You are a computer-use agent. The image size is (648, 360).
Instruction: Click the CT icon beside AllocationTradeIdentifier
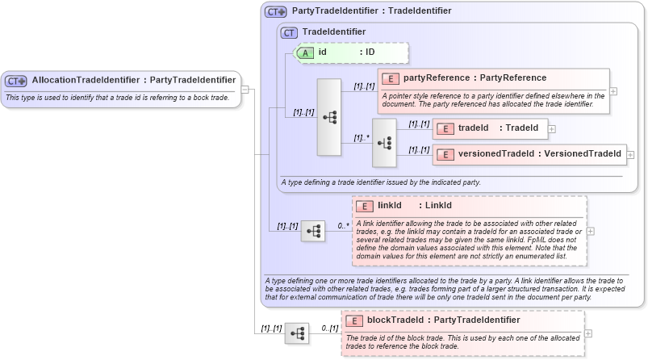16,81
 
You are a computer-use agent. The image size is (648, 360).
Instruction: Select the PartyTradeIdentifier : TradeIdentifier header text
370,10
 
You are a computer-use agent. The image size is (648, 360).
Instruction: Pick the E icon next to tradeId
445,128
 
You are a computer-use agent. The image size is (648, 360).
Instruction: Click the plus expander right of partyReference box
613,91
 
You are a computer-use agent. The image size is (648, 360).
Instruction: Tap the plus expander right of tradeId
552,128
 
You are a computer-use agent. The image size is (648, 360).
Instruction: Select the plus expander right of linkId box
591,231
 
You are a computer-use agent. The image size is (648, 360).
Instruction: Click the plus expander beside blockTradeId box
590,333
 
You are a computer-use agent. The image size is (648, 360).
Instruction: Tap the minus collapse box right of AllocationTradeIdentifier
245,89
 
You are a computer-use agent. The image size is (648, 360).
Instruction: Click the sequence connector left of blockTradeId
297,333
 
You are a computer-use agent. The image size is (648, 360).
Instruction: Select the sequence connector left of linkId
313,232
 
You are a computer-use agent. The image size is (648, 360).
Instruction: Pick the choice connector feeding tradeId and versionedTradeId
384,143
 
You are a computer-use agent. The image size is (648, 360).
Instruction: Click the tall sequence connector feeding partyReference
329,117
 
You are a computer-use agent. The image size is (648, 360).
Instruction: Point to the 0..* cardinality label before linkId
344,226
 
